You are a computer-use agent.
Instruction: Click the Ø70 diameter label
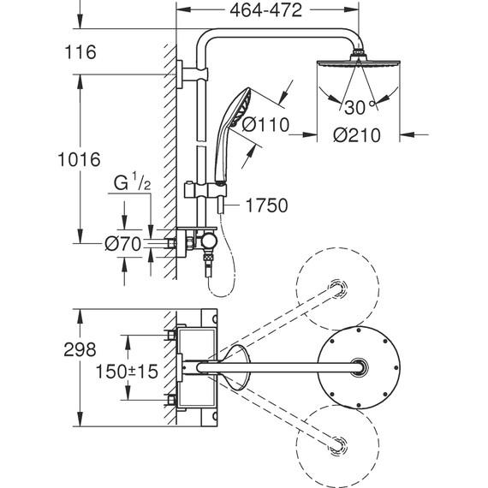tap(122, 244)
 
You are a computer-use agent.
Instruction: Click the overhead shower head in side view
tap(355, 64)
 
